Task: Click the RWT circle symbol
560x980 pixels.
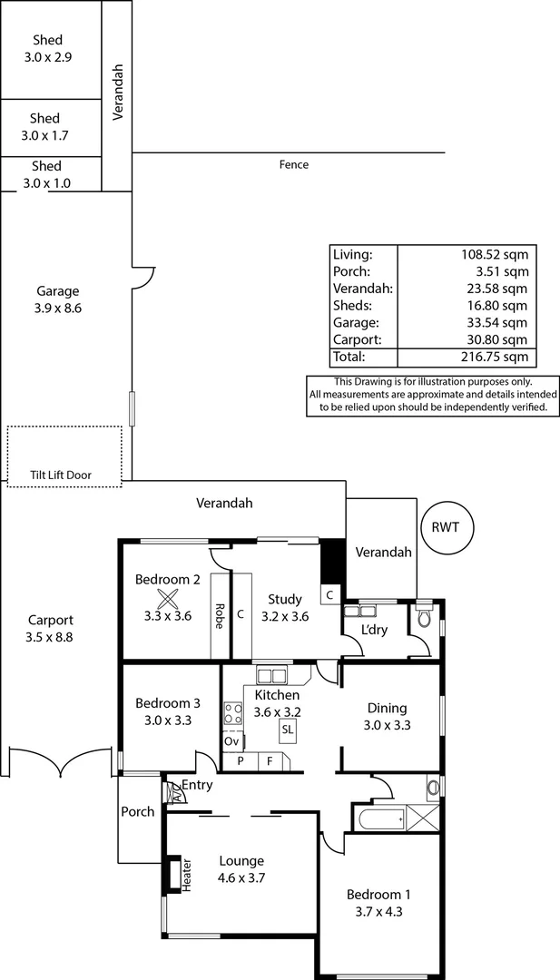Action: (447, 525)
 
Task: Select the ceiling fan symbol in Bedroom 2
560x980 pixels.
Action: (167, 598)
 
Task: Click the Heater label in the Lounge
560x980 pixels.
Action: (188, 875)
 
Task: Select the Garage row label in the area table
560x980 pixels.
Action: (352, 322)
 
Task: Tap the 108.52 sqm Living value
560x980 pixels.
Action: (495, 254)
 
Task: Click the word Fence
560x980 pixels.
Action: (294, 165)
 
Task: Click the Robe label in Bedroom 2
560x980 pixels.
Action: (219, 616)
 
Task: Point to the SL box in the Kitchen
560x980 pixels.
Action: (288, 729)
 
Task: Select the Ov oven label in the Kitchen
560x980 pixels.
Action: (232, 740)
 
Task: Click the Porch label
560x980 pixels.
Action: (138, 811)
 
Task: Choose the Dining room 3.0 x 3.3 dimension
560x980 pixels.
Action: (387, 725)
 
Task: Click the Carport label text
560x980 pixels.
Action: (50, 621)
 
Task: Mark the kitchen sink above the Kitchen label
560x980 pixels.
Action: (270, 675)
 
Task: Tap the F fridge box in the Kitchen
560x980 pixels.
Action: (270, 761)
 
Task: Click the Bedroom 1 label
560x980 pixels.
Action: (374, 894)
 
